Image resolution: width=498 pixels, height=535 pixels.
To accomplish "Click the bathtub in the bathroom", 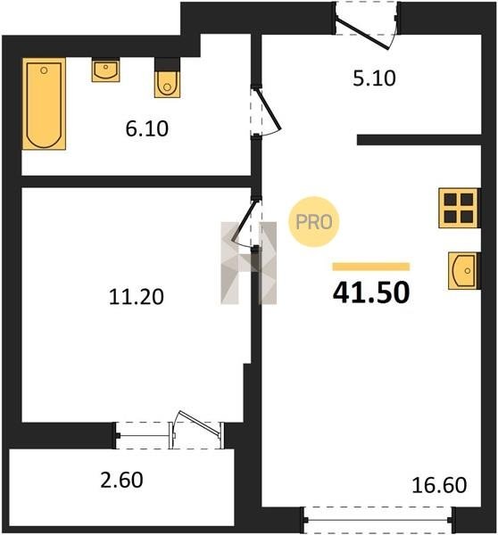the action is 44,103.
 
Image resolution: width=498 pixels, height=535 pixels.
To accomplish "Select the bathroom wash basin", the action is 105,70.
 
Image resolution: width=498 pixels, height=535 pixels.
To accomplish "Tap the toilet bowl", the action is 167,84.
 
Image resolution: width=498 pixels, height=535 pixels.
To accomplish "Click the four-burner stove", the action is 459,208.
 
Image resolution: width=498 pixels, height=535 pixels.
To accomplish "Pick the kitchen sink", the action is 462,271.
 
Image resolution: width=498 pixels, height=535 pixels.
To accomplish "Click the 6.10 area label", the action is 147,129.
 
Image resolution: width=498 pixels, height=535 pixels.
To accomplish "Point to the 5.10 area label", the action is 374,78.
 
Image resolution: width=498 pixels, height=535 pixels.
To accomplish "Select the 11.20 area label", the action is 137,297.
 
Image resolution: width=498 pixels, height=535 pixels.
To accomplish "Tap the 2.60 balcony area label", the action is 121,480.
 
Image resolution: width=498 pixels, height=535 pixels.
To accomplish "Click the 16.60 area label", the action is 439,485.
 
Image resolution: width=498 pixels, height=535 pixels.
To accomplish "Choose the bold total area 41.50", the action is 371,292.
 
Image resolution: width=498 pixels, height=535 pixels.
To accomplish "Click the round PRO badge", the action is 314,222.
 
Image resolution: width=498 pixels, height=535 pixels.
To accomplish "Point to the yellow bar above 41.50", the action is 371,267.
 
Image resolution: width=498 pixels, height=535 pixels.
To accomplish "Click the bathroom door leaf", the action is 269,109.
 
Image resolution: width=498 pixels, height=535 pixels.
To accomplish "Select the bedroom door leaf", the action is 244,221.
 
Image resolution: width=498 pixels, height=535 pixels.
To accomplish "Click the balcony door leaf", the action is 201,424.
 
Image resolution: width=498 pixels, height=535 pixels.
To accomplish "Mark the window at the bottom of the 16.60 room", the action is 378,520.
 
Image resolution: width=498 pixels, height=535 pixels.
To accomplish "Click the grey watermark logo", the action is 249,263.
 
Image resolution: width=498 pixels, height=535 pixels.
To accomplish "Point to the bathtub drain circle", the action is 44,70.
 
